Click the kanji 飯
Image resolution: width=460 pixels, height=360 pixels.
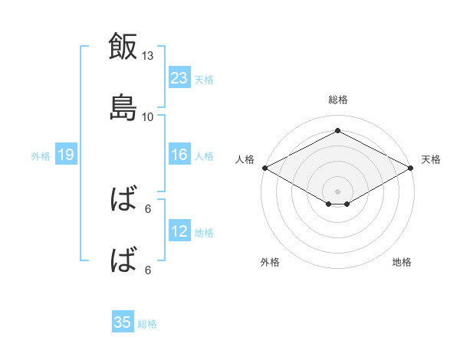[x=123, y=46]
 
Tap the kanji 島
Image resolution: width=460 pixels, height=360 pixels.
[x=123, y=107]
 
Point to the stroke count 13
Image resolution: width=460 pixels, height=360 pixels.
[x=147, y=55]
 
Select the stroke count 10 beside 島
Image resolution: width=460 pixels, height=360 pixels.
[x=147, y=117]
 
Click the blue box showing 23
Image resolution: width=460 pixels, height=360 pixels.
[x=179, y=77]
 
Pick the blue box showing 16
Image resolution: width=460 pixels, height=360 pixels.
[x=179, y=154]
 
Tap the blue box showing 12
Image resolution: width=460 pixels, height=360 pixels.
[x=179, y=230]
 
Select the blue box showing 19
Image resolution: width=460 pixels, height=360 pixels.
[x=66, y=154]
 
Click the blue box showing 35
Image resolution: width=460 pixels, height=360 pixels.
[x=123, y=321]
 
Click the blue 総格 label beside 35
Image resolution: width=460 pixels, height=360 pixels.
[x=147, y=324]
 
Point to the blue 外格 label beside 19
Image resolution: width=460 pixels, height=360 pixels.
[x=41, y=156]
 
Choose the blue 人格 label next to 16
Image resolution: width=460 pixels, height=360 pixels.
[x=204, y=156]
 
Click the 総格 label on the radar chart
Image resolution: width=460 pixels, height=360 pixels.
[x=338, y=100]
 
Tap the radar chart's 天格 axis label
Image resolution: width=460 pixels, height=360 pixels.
[x=431, y=159]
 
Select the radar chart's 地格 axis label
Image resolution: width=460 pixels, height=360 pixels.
[x=402, y=262]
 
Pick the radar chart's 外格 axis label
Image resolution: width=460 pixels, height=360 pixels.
[x=270, y=262]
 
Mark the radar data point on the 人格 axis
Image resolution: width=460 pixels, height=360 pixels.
[x=265, y=168]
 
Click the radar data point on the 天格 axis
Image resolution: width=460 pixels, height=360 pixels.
[x=411, y=168]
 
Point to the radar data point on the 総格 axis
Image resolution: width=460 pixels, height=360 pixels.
[x=337, y=130]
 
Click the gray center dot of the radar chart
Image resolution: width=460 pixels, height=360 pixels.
[x=337, y=191]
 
